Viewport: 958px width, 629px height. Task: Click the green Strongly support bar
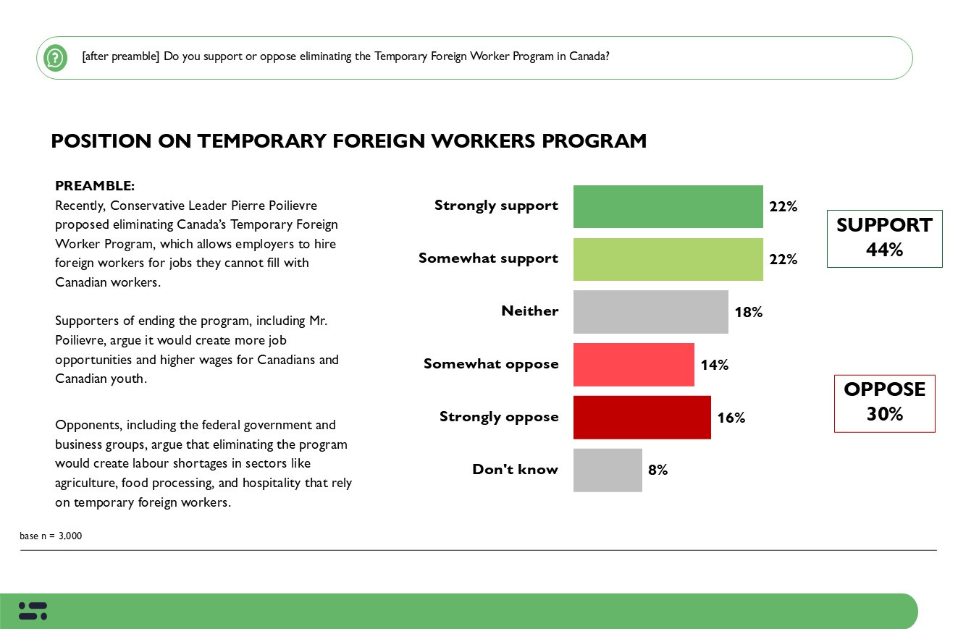coord(668,206)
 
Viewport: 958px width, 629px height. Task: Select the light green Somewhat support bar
coord(668,259)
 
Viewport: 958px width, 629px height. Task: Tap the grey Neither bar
coord(650,312)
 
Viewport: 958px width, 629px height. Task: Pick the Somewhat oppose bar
coord(634,365)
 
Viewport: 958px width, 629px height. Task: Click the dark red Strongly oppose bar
coord(642,417)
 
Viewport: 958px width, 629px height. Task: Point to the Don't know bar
coord(608,470)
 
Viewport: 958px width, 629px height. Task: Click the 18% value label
coord(749,312)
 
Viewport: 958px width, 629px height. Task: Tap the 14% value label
coord(714,365)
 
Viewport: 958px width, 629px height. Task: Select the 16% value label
coord(731,418)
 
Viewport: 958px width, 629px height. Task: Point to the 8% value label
coord(657,470)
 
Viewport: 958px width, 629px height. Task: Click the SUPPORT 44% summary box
coord(884,238)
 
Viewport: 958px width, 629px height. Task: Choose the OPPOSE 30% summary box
coord(884,402)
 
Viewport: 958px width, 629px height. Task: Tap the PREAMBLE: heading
coord(95,186)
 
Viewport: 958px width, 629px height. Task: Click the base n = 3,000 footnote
coord(51,536)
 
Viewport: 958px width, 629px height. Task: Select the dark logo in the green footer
coord(33,611)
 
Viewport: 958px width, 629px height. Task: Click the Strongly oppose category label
coord(499,417)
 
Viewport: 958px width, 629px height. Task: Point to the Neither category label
coord(529,311)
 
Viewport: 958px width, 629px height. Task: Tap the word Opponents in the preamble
coord(83,425)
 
